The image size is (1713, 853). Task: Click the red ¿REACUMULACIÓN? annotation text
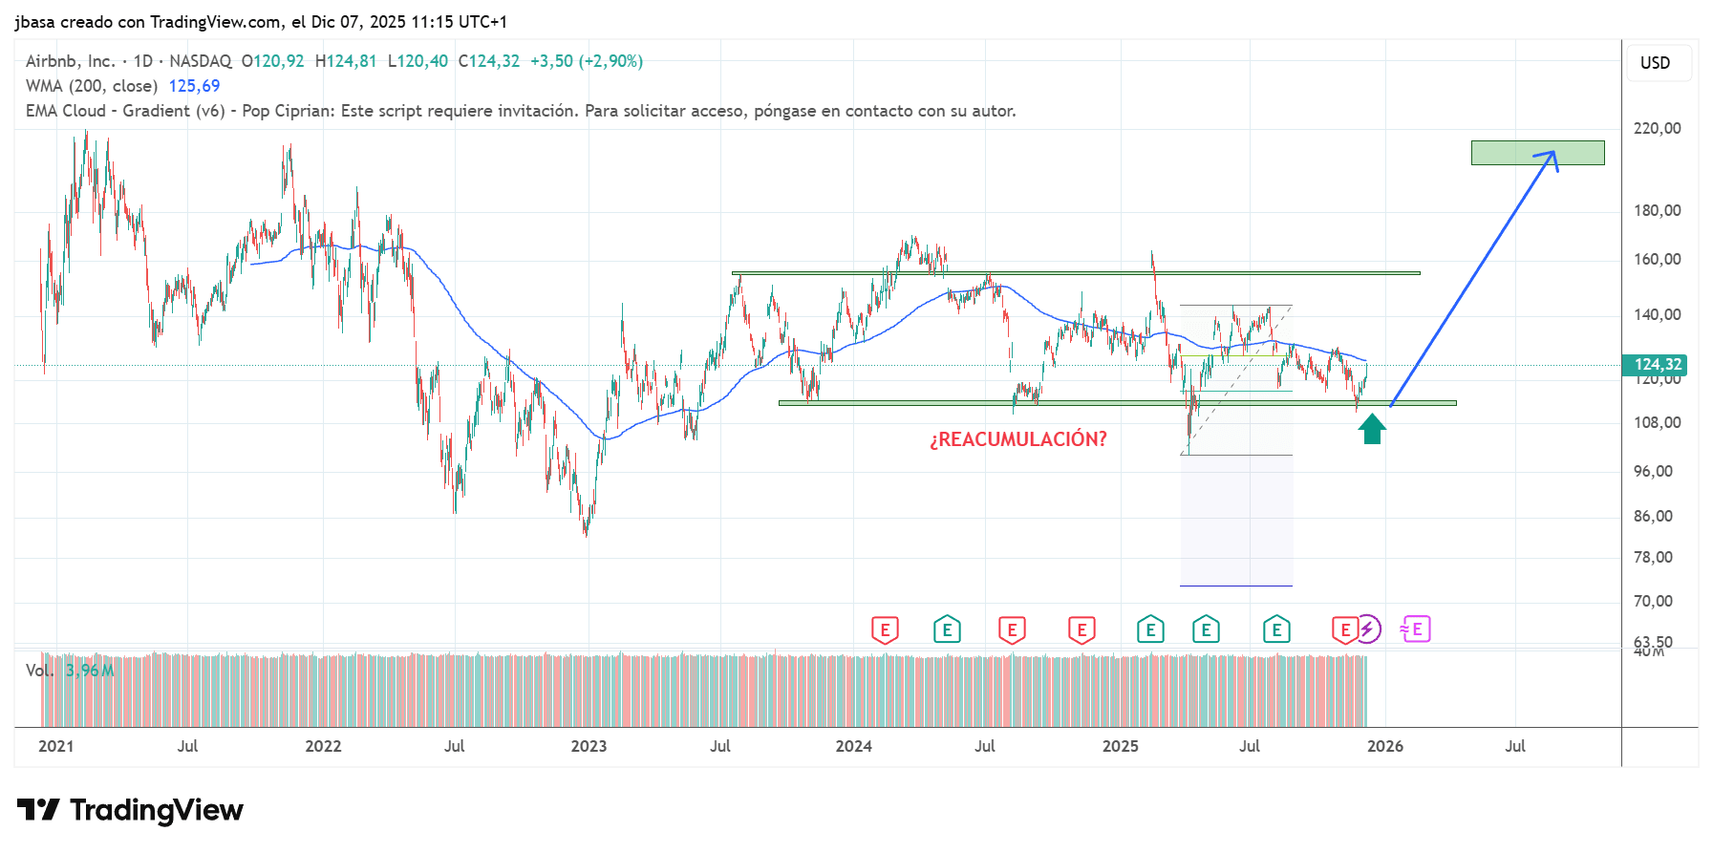point(1017,439)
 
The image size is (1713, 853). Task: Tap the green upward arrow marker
point(1372,429)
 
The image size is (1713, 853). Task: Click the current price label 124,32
point(1657,365)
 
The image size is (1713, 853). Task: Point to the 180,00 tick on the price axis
point(1657,210)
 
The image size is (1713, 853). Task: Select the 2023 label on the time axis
point(589,746)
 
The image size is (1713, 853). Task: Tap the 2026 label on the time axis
point(1384,746)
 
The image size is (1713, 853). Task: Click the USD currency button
point(1655,63)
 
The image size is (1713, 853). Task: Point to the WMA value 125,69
point(194,86)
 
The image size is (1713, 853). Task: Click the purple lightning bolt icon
point(1368,629)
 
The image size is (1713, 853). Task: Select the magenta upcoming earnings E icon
point(1416,629)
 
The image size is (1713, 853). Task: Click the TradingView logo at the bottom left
point(130,810)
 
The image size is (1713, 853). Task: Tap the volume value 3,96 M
point(90,671)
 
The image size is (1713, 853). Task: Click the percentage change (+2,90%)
point(612,61)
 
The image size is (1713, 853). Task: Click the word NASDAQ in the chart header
point(200,61)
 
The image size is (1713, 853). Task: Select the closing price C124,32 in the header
point(488,61)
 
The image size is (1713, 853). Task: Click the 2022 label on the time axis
point(323,746)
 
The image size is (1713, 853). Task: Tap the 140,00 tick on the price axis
point(1657,314)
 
